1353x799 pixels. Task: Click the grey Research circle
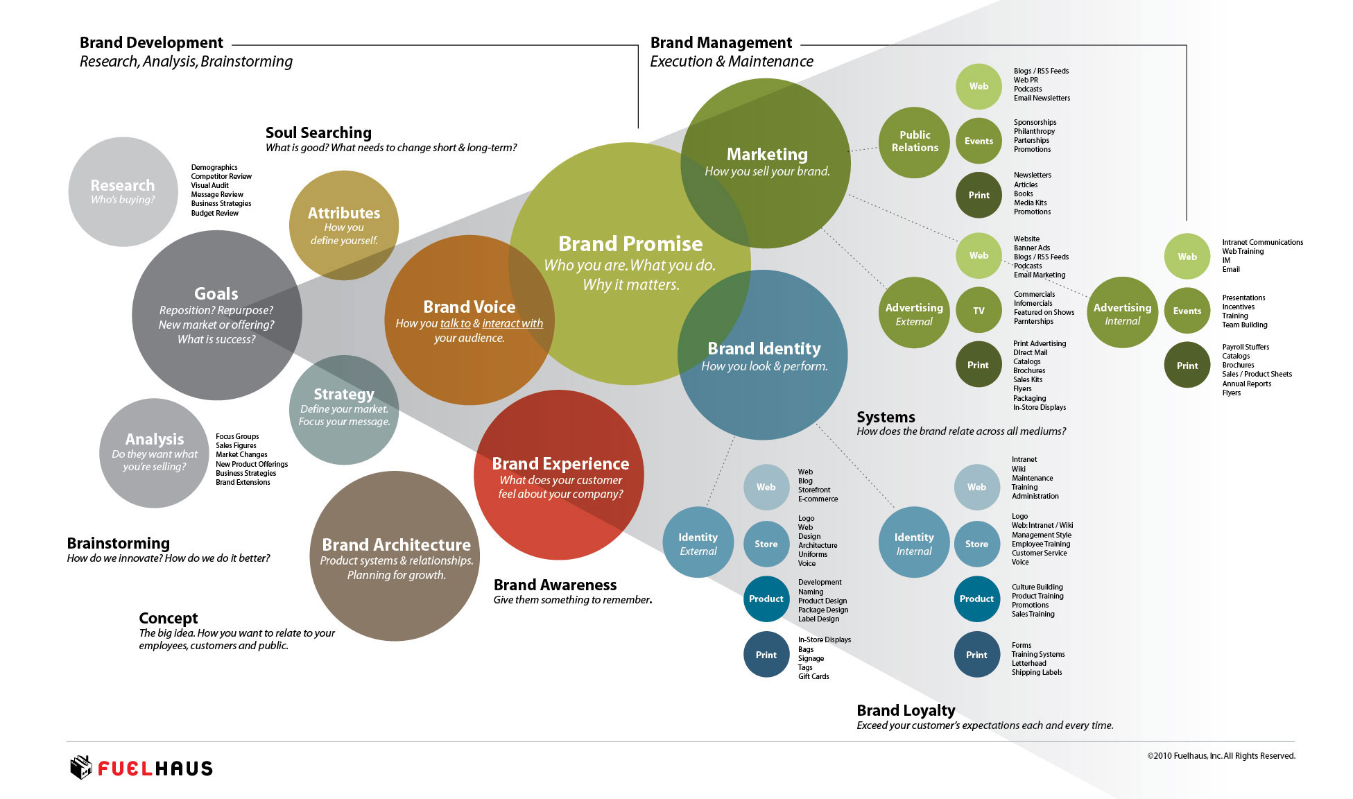pyautogui.click(x=123, y=191)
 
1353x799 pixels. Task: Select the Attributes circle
pyautogui.click(x=343, y=225)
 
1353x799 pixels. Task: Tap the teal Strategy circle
pyautogui.click(x=343, y=409)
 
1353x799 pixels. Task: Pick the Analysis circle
pyautogui.click(x=154, y=452)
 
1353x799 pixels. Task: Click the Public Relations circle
pyautogui.click(x=914, y=141)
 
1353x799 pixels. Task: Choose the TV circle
pyautogui.click(x=978, y=311)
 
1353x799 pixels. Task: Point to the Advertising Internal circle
pyautogui.click(x=1121, y=313)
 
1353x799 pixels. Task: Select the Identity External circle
pyautogui.click(x=698, y=543)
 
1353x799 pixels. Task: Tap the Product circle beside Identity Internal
pyautogui.click(x=976, y=599)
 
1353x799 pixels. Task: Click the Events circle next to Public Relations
pyautogui.click(x=979, y=141)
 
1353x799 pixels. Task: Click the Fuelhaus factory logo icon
pyautogui.click(x=81, y=767)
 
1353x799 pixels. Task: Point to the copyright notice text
pyautogui.click(x=1221, y=756)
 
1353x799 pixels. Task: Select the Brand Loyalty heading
pyautogui.click(x=906, y=710)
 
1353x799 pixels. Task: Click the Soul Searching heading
pyautogui.click(x=318, y=132)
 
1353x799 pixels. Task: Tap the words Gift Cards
pyautogui.click(x=813, y=676)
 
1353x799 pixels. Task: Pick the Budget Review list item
pyautogui.click(x=214, y=213)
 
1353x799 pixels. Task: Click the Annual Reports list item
pyautogui.click(x=1246, y=384)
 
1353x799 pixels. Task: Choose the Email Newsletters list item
pyautogui.click(x=1042, y=98)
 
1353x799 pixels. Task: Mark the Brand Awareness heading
pyautogui.click(x=555, y=585)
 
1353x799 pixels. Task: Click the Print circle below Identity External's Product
pyautogui.click(x=766, y=655)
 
